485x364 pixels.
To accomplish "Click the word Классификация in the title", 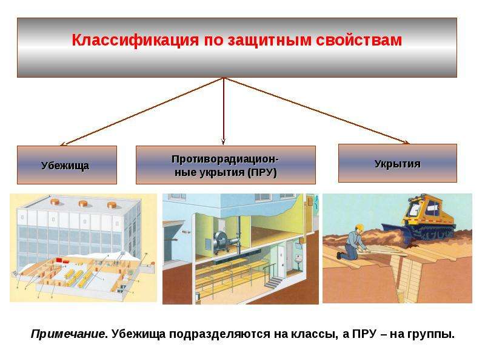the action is tap(135, 40).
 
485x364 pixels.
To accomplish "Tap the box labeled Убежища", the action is tap(67, 165).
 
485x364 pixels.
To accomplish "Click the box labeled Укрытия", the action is tap(398, 163).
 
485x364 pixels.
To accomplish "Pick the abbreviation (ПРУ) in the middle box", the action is tap(262, 172).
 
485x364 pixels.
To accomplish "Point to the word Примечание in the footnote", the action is tap(68, 334).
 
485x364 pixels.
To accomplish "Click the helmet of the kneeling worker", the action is tap(359, 227).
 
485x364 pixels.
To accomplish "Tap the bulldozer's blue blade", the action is tap(395, 233).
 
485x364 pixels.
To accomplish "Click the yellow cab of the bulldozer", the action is tap(426, 209).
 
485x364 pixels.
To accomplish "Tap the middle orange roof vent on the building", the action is tap(84, 203).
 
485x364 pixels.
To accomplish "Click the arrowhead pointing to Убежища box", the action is tap(63, 144).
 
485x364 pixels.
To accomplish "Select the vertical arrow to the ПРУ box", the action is tap(223, 112).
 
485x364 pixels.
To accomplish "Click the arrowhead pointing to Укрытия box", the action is tap(407, 143).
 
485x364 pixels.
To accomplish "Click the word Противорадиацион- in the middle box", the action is tap(225, 159).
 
